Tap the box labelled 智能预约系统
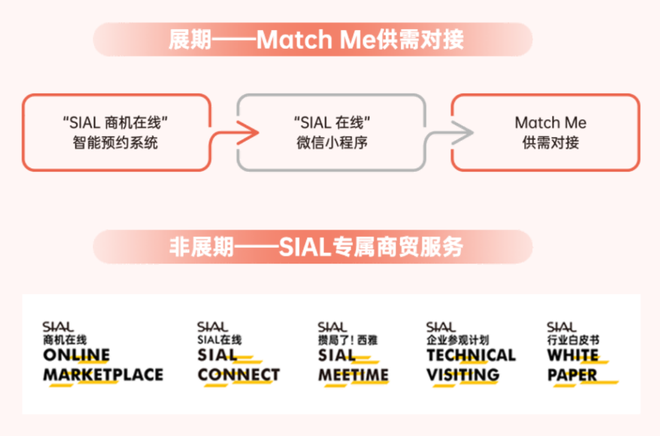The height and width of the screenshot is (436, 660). point(116,133)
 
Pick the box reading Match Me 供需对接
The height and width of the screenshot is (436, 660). point(545,133)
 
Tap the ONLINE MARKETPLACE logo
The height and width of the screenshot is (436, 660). point(103,355)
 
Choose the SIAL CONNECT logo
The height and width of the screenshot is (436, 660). point(238,355)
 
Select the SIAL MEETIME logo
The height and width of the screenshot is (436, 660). point(353,355)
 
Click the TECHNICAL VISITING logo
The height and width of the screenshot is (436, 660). point(471,355)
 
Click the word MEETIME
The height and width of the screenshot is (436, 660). point(353,375)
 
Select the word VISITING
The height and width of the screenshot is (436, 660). point(463,375)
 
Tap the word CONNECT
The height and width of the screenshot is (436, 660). point(238,375)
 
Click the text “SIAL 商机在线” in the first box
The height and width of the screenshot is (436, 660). point(116,122)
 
